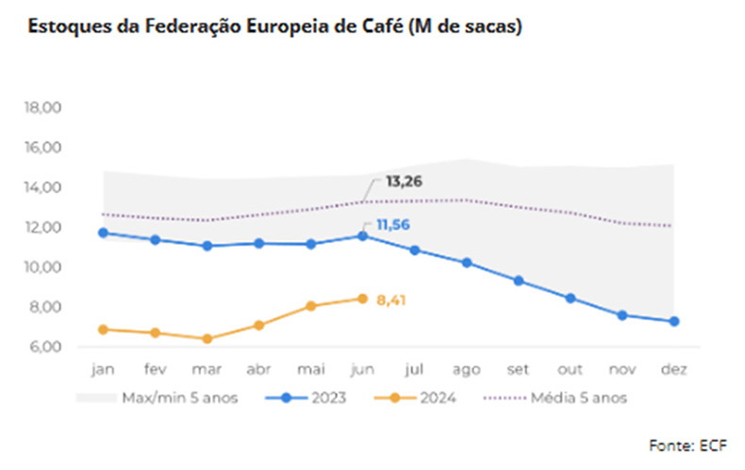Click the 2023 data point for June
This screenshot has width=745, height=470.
tap(363, 235)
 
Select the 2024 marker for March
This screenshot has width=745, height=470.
tap(207, 339)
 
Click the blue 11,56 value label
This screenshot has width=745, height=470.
tap(392, 225)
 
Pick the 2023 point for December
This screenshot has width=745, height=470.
tap(674, 322)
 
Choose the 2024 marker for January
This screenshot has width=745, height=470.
tap(104, 330)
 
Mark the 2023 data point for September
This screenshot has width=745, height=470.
tap(519, 281)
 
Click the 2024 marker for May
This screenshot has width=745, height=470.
tap(311, 306)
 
